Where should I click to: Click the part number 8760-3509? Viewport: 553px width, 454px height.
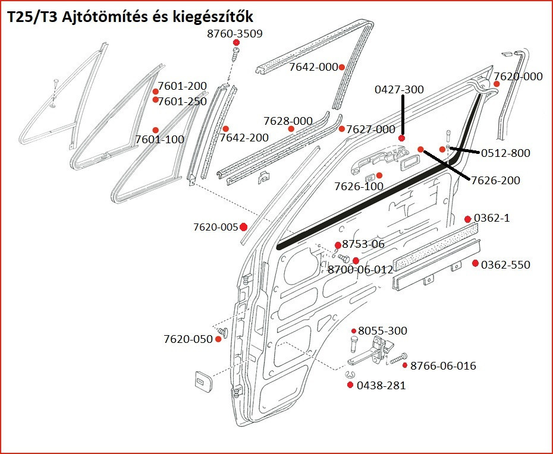pos(234,33)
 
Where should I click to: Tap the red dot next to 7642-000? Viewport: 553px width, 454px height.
pos(342,67)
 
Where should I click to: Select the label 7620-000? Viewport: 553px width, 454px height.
pos(518,77)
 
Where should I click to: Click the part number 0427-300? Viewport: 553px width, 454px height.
pos(399,90)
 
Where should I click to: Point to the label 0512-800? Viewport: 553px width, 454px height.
pos(505,153)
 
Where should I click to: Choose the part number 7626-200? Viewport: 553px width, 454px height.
pos(495,181)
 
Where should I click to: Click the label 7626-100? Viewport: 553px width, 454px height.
pos(359,187)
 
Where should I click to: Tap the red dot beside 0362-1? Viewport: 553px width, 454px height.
pos(467,219)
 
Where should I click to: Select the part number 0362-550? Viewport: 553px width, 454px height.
pos(505,264)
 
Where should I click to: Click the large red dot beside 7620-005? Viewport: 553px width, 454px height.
pos(243,227)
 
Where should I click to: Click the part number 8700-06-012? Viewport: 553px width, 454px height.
pos(360,269)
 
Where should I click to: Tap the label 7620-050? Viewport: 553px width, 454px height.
pos(188,339)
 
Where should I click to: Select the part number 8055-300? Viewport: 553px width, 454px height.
pos(382,331)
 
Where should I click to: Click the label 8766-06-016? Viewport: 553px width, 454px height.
pos(443,365)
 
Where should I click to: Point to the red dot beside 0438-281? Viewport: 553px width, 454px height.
pos(350,385)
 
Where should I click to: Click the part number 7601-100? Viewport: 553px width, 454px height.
pos(159,140)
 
